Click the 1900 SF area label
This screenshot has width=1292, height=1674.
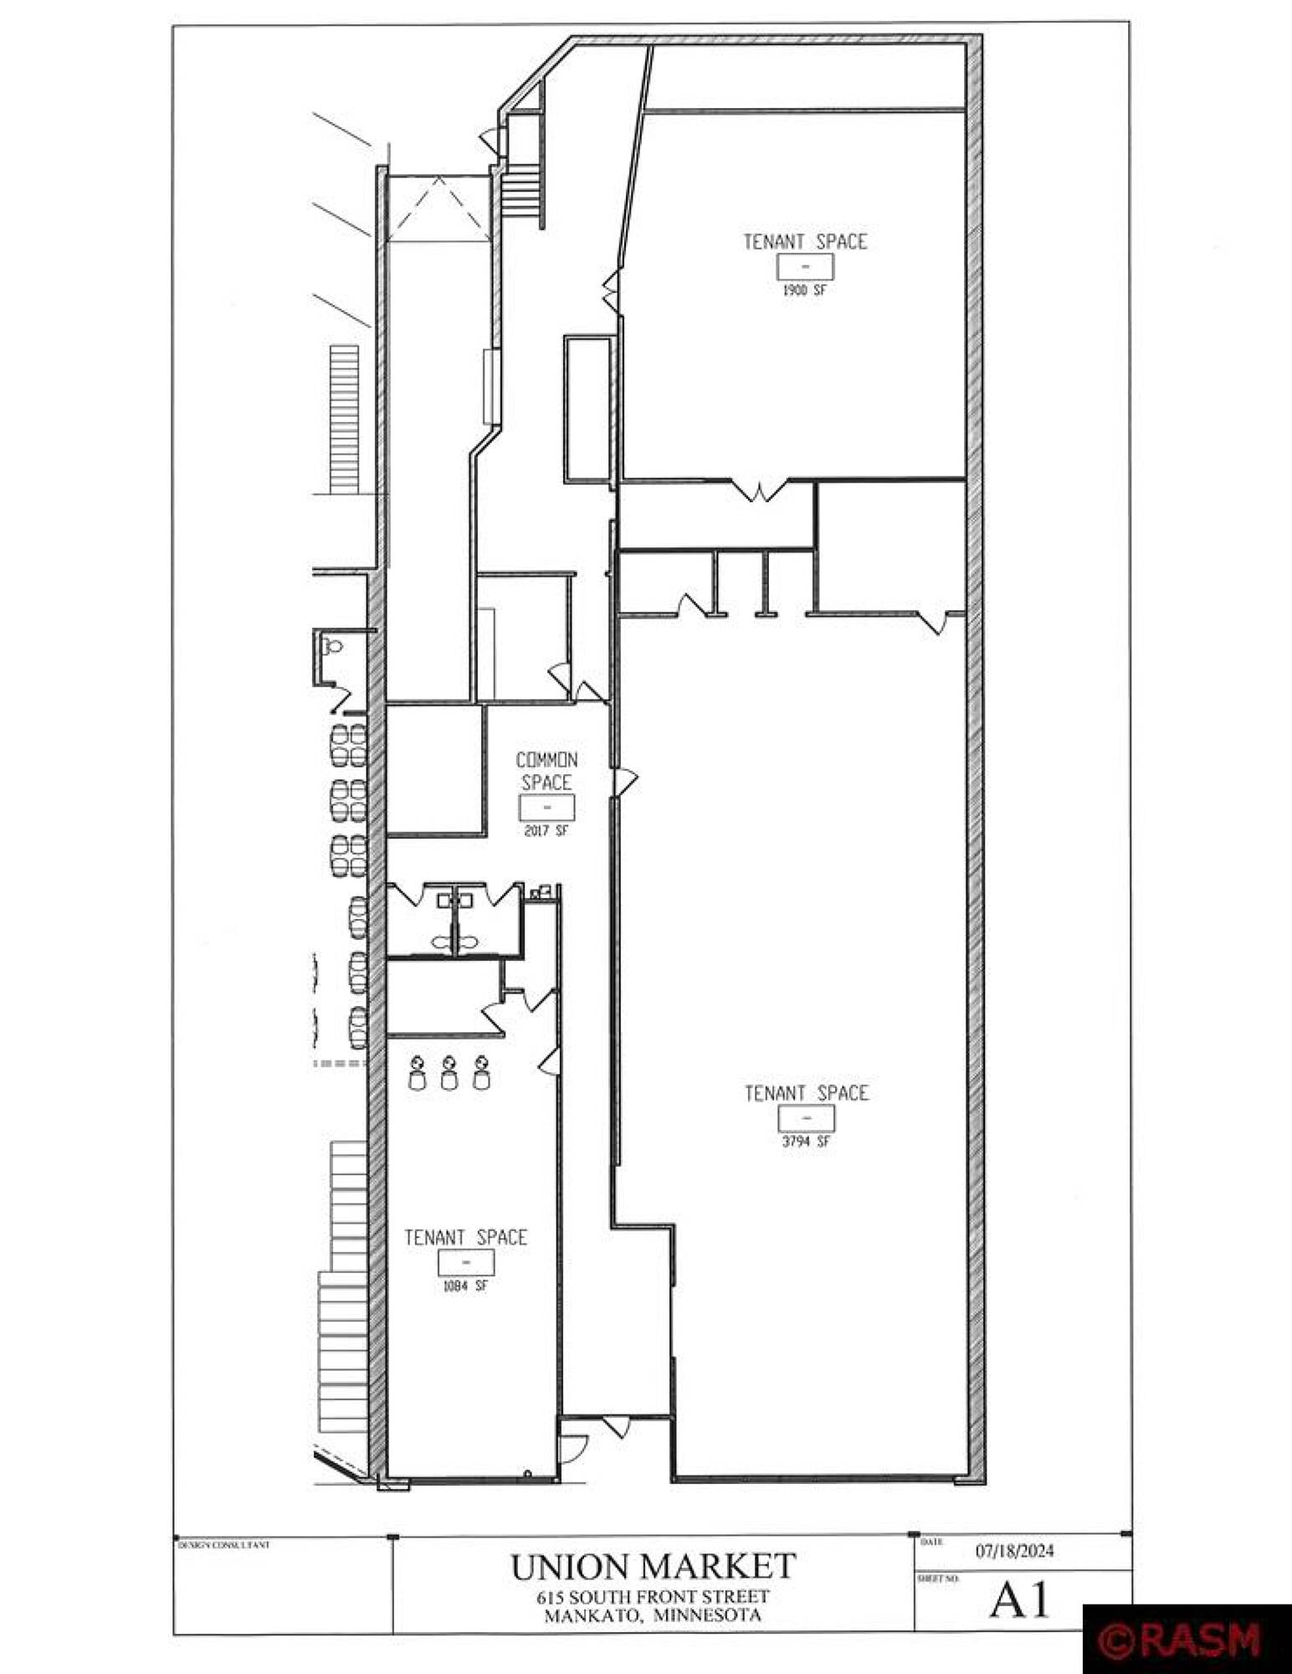[x=805, y=291]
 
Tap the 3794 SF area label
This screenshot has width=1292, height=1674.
[x=806, y=1141]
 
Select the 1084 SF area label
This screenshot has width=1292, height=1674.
[x=465, y=1286]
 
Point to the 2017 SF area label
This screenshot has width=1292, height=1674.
[x=546, y=831]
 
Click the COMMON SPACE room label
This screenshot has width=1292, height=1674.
[x=546, y=771]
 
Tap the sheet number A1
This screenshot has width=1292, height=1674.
[x=1019, y=1601]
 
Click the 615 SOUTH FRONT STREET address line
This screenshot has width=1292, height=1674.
[x=654, y=1596]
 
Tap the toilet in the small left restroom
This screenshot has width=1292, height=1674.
[x=334, y=646]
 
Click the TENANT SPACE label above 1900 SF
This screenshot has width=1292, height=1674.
[x=806, y=242]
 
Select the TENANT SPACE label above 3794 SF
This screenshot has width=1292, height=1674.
[x=807, y=1093]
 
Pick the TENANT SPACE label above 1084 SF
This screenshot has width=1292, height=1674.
[x=466, y=1237]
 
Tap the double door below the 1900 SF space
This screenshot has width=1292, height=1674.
[x=760, y=490]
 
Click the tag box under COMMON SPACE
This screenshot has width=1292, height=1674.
[x=546, y=809]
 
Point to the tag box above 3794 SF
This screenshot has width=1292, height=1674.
[x=807, y=1118]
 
